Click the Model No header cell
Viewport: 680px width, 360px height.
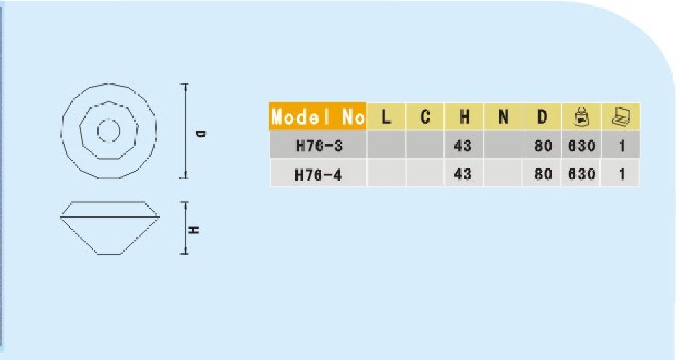tap(317, 116)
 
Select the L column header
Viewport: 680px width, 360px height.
tap(386, 116)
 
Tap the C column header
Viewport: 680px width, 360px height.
tap(425, 116)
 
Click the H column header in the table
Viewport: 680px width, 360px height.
tap(464, 116)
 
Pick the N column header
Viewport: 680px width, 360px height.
tap(503, 116)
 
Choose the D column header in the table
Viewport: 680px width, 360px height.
tap(542, 116)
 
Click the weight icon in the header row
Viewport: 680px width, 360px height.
tap(581, 117)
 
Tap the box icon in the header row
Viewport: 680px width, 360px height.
tap(620, 117)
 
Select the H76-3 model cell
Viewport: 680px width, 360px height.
tap(319, 145)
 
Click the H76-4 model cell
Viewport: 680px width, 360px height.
tap(319, 174)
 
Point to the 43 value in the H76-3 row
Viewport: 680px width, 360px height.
tap(463, 146)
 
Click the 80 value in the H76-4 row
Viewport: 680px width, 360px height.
tap(543, 174)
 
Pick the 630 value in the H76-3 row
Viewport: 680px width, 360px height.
tap(581, 146)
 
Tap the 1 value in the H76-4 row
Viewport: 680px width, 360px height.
tap(622, 174)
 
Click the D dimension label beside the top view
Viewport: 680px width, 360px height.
tap(200, 134)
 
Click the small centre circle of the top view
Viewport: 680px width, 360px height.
tap(109, 131)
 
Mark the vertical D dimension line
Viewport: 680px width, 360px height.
tap(186, 131)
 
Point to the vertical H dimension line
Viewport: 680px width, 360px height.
tap(185, 228)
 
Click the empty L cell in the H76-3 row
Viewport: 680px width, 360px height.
tap(386, 144)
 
